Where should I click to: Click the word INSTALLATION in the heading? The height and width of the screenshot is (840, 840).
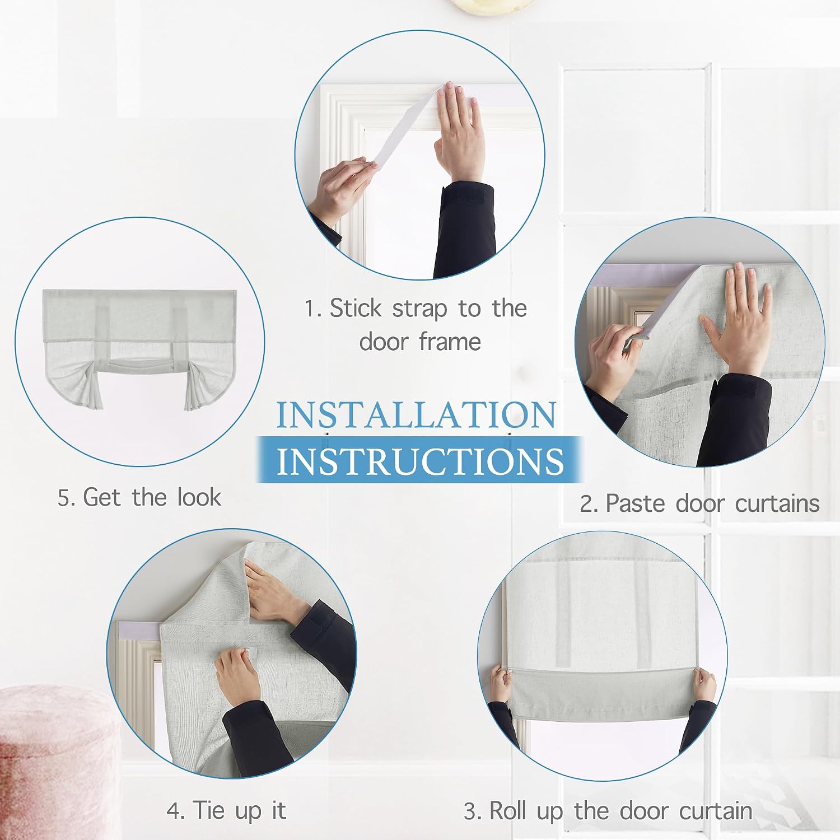(416, 414)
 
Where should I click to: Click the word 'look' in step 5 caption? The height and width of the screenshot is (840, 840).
(199, 497)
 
